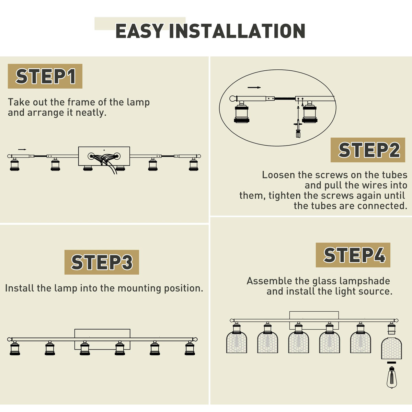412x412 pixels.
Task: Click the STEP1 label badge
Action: tap(45, 76)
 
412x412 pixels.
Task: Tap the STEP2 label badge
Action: tap(368, 150)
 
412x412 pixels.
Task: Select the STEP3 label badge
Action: tap(102, 262)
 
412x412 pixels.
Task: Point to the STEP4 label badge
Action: tap(353, 255)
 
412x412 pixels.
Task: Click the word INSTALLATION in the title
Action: tap(237, 31)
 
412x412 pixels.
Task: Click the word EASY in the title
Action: tap(140, 31)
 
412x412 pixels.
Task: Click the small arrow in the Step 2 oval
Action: tap(254, 88)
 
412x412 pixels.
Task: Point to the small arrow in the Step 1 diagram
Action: tap(22, 149)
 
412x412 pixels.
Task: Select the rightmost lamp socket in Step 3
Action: tap(190, 348)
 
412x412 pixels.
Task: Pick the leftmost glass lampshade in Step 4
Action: tap(237, 342)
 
